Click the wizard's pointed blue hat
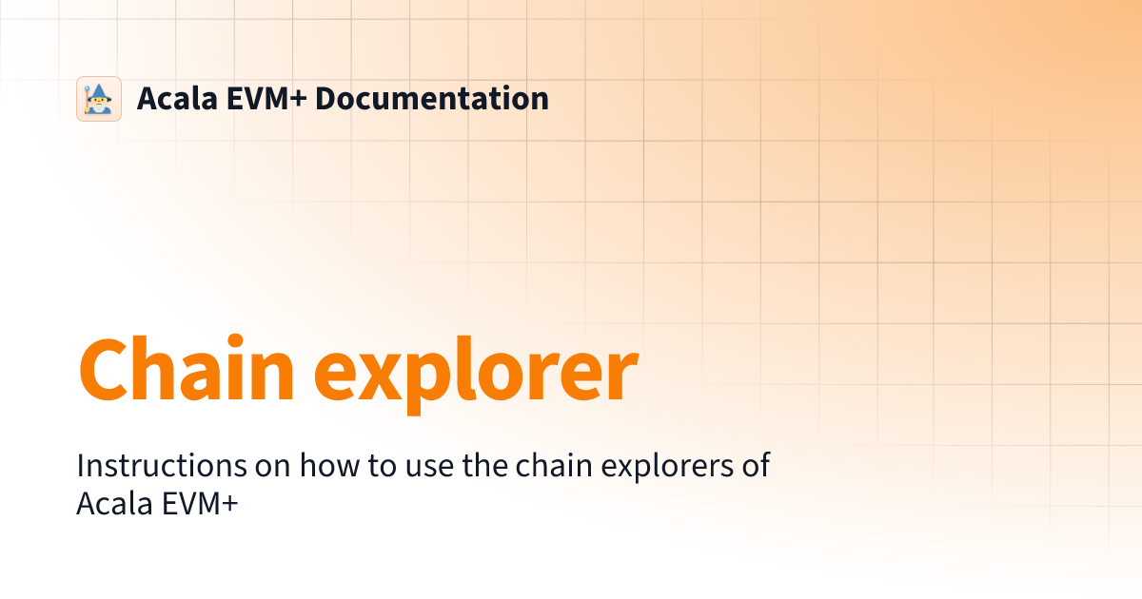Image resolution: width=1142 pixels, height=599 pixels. pos(100,89)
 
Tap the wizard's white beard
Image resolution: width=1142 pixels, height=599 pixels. pos(100,106)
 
